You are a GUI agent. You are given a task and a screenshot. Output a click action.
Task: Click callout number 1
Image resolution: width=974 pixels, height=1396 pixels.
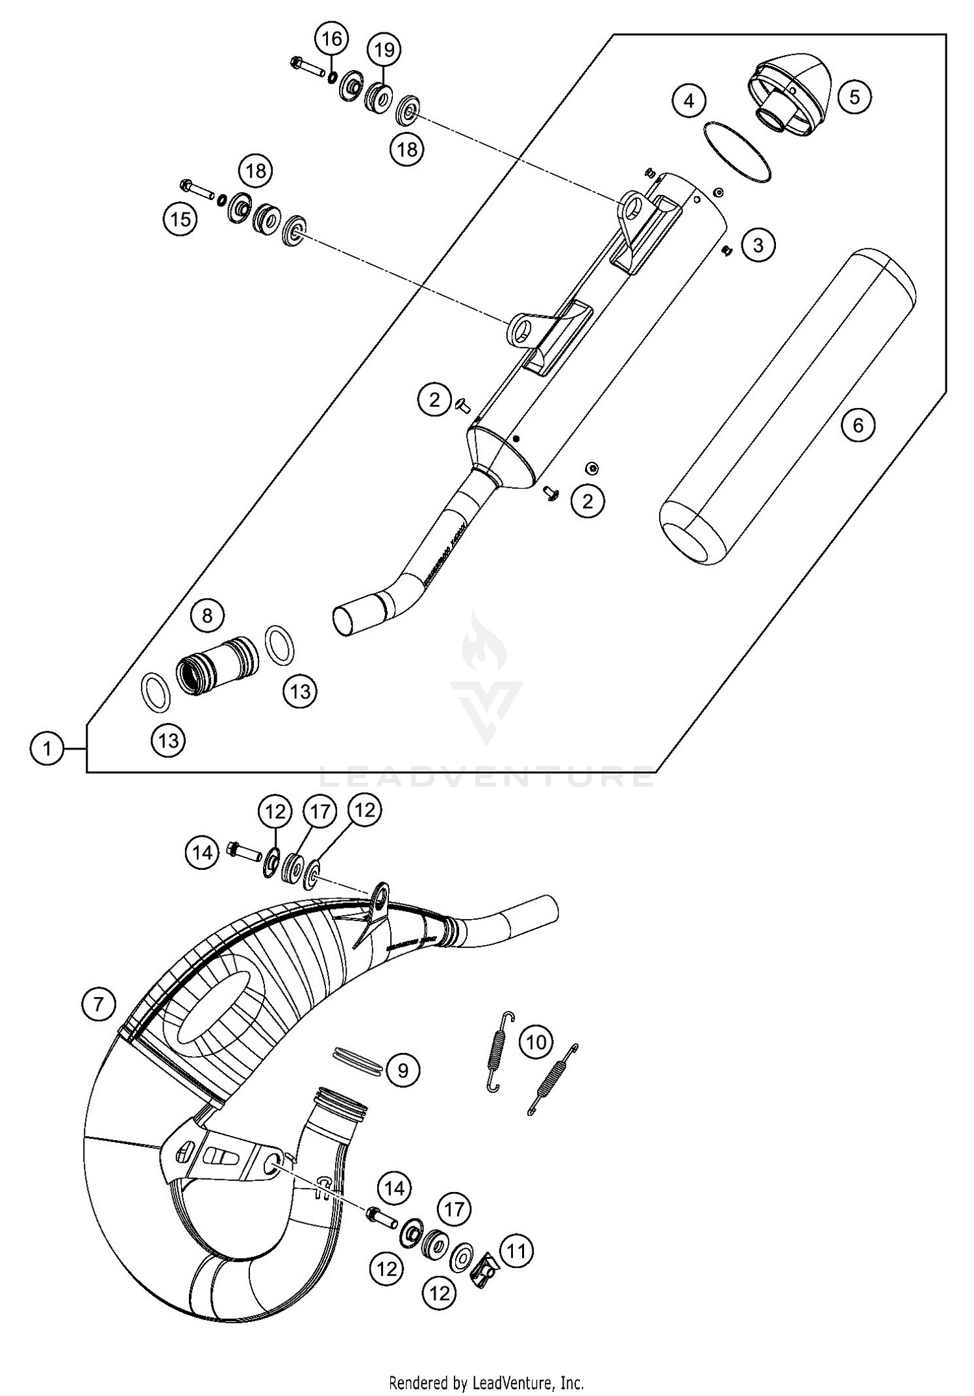coord(46,749)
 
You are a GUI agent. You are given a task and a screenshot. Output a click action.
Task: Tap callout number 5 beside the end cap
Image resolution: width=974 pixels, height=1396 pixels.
coord(854,97)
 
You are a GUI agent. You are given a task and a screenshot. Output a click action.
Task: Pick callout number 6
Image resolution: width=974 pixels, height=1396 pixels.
coord(858,425)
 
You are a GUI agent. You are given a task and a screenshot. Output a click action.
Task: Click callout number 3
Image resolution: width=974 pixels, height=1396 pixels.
coord(758,245)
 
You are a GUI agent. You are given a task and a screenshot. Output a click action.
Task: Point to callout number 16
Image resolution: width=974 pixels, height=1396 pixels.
coord(332,39)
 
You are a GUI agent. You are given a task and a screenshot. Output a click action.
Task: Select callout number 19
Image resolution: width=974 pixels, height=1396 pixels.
coord(384,49)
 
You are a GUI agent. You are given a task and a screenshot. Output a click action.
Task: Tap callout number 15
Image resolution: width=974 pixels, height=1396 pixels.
coord(181,219)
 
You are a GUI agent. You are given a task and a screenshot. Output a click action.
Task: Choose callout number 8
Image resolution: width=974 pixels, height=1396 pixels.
coord(207,615)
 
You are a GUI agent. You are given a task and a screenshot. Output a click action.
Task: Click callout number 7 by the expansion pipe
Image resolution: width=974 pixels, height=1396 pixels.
coord(98,1004)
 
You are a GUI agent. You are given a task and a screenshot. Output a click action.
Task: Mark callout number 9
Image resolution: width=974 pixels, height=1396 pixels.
coord(403,1070)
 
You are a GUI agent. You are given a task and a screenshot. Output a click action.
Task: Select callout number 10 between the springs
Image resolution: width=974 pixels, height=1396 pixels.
coord(536,1043)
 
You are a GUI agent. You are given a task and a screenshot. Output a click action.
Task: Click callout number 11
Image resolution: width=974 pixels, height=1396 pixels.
coord(516,1250)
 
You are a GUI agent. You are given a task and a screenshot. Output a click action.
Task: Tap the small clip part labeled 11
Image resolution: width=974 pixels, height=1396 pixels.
coord(483,1263)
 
